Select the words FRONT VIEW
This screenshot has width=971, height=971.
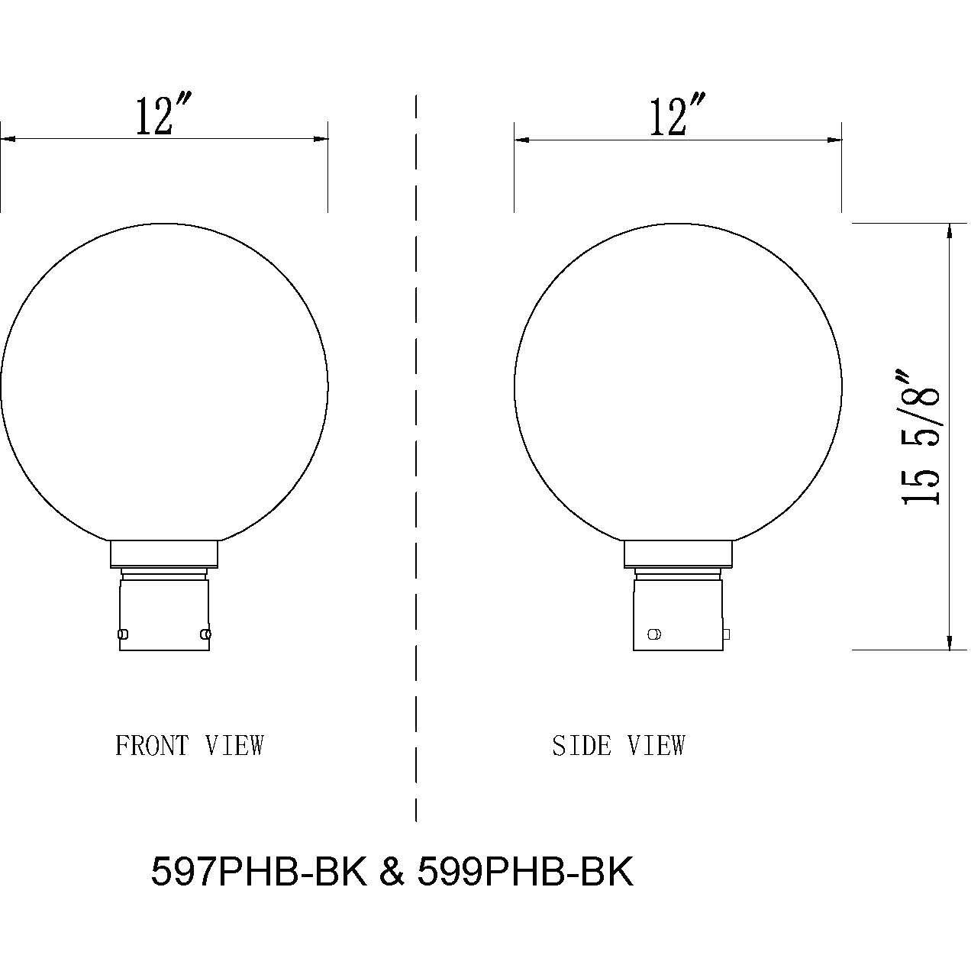[x=189, y=745]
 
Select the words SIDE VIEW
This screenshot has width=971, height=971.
[x=618, y=745]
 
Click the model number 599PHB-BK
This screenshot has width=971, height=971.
[x=525, y=871]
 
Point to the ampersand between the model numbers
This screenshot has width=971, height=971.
[x=392, y=871]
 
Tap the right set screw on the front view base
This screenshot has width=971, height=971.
[x=205, y=634]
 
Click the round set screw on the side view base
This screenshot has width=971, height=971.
[x=654, y=634]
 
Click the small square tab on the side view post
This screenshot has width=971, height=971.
[x=726, y=634]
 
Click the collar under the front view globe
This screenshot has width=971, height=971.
[x=164, y=553]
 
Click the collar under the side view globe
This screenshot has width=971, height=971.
[x=678, y=553]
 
